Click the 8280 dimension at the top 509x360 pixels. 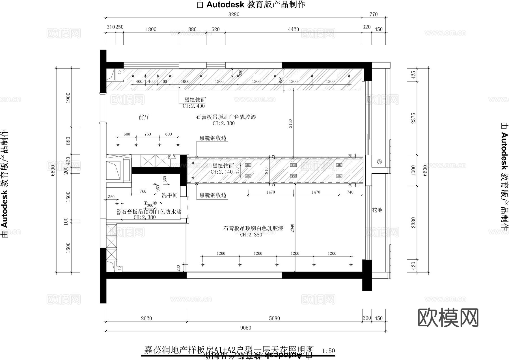234,14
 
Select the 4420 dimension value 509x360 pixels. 293,29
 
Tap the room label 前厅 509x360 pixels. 144,117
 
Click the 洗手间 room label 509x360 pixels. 169,195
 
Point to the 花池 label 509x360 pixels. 377,210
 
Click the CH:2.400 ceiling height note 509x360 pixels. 194,106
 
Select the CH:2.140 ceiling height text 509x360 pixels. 222,172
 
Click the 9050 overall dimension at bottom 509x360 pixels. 245,328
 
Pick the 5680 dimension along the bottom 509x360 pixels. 274,318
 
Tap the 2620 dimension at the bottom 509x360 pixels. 146,318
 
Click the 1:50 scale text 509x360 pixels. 328,351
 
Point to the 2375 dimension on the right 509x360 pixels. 413,118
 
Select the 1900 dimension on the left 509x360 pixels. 68,98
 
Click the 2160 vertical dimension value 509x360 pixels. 291,124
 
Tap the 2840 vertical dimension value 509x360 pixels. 292,228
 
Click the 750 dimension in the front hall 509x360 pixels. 148,134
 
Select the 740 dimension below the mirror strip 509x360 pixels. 350,192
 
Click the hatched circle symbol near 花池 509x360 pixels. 379,162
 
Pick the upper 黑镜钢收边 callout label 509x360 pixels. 213,138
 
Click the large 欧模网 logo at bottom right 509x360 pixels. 448,318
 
